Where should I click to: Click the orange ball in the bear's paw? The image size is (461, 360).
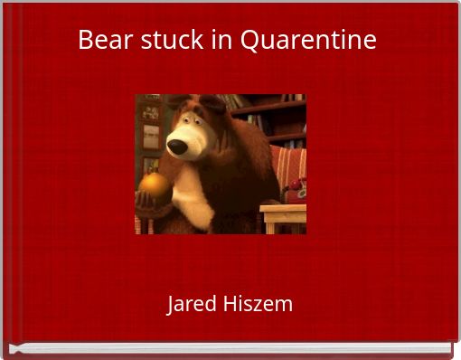tap(154, 185)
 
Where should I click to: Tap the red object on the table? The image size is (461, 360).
tap(296, 188)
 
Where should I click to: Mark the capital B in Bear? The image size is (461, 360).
tap(85, 40)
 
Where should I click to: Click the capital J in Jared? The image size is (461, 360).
tap(172, 304)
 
